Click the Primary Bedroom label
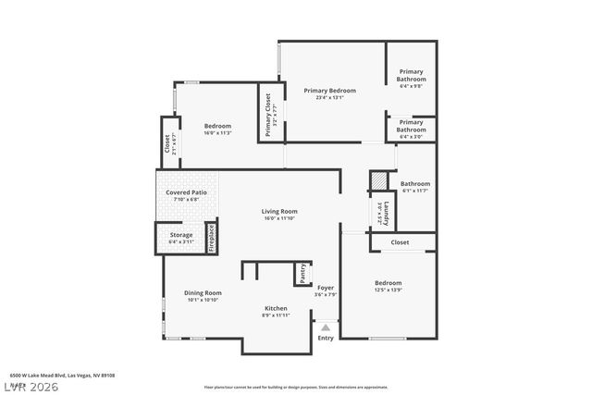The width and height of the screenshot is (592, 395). (x=330, y=91)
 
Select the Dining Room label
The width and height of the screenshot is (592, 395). (x=202, y=292)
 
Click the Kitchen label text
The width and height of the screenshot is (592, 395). (x=276, y=308)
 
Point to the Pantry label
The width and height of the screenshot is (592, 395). (x=302, y=274)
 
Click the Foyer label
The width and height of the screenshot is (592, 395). (x=326, y=288)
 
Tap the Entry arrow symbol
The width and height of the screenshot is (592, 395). (x=325, y=327)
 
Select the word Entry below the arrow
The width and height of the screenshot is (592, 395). (x=326, y=338)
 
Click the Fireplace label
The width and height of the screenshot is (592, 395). (x=211, y=238)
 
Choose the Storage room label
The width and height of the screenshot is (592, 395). (x=181, y=235)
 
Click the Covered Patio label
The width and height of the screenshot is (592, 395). (x=187, y=192)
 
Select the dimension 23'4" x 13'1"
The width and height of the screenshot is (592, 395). (x=330, y=97)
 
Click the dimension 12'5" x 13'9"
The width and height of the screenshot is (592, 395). (x=388, y=290)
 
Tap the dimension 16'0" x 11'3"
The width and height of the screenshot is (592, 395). (x=217, y=132)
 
